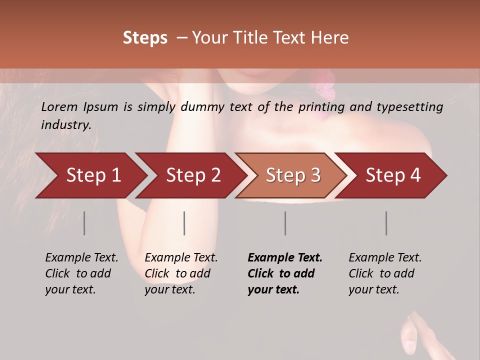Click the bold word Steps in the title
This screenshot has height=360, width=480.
(x=145, y=38)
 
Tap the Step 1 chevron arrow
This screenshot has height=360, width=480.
(x=93, y=175)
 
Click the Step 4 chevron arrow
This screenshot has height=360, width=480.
(x=393, y=175)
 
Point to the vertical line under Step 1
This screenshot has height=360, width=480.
(x=84, y=223)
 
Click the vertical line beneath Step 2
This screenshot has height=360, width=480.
(x=184, y=223)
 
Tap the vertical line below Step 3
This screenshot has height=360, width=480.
(x=285, y=223)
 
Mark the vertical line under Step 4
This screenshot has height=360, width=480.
(x=386, y=223)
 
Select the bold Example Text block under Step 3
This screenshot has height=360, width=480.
(x=285, y=273)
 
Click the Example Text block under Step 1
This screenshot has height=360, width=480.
(x=81, y=273)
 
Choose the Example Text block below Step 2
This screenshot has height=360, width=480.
(x=181, y=273)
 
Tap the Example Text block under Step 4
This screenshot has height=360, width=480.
(x=385, y=273)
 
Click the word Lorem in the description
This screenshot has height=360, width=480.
(x=58, y=107)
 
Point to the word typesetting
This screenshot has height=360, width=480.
(x=411, y=107)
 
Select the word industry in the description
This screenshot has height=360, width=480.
(x=65, y=125)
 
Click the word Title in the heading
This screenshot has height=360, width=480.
(x=258, y=38)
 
